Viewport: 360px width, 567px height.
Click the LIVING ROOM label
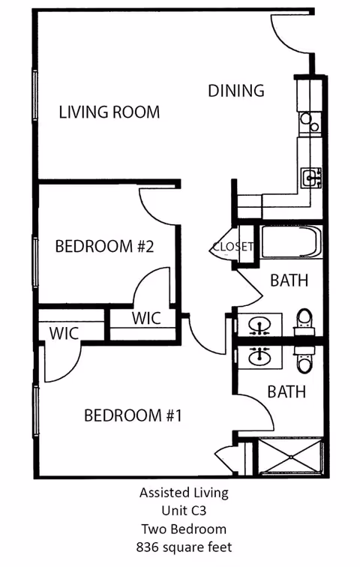pyautogui.click(x=109, y=112)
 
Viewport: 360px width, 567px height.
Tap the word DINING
pyautogui.click(x=236, y=91)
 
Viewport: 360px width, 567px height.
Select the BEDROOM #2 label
pyautogui.click(x=104, y=246)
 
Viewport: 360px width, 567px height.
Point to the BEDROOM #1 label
pyautogui.click(x=133, y=415)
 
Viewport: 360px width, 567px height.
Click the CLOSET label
pyautogui.click(x=232, y=247)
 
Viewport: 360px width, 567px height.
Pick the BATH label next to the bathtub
pyautogui.click(x=289, y=280)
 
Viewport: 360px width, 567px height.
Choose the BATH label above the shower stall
pyautogui.click(x=286, y=391)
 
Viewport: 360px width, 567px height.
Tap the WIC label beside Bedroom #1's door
pyautogui.click(x=64, y=334)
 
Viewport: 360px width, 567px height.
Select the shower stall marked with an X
pyautogui.click(x=291, y=457)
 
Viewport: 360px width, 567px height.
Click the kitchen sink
pyautogui.click(x=310, y=178)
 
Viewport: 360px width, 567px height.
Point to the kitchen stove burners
pyautogui.click(x=308, y=121)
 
